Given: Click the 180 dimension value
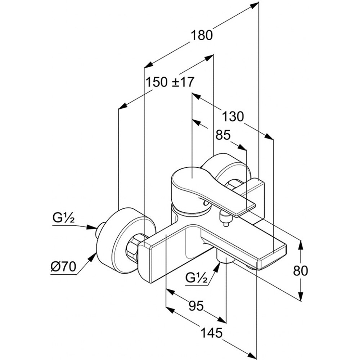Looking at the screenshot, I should [x=202, y=35].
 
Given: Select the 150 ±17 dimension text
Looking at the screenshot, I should [x=170, y=82].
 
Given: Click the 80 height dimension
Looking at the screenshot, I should [x=301, y=270].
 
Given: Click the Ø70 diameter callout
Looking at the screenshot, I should [x=63, y=267].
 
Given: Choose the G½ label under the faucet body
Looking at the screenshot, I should [x=196, y=278].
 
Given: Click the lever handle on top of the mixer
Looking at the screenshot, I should [x=191, y=184].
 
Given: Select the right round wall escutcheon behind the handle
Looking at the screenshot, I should [x=225, y=169].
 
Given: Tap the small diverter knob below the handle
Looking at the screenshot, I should [x=225, y=219].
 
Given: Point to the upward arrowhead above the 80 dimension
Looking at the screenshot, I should [x=301, y=245].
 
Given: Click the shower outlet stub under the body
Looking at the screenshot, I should [x=226, y=258].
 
